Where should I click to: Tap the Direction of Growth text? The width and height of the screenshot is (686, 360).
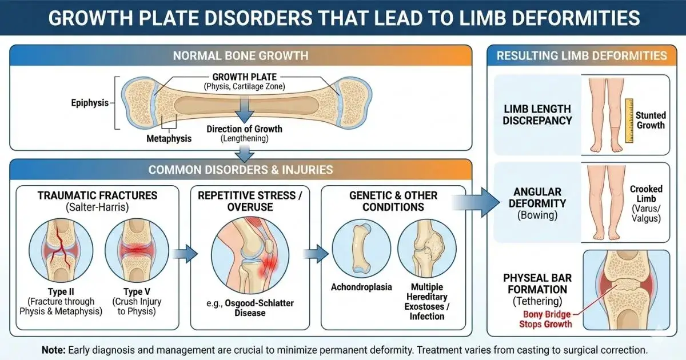click(244, 129)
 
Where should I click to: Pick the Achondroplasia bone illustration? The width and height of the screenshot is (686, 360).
click(361, 249)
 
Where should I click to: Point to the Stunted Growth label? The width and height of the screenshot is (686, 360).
click(651, 120)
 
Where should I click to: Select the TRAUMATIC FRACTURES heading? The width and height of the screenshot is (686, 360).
click(98, 195)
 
